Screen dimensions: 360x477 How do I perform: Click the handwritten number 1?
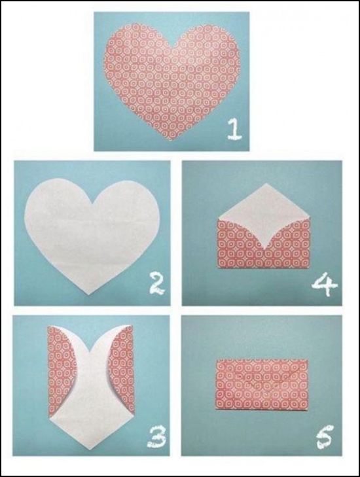tap(234, 130)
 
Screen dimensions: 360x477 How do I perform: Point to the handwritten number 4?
tap(325, 285)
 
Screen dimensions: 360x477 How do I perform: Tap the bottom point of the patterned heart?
tap(171, 141)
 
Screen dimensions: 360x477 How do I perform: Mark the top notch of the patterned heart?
tap(173, 47)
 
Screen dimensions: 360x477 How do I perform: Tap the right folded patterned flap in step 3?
tap(122, 370)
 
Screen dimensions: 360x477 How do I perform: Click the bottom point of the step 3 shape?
tap(92, 447)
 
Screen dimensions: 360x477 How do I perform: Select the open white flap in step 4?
tap(264, 213)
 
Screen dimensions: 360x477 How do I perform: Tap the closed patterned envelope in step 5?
tap(262, 384)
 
